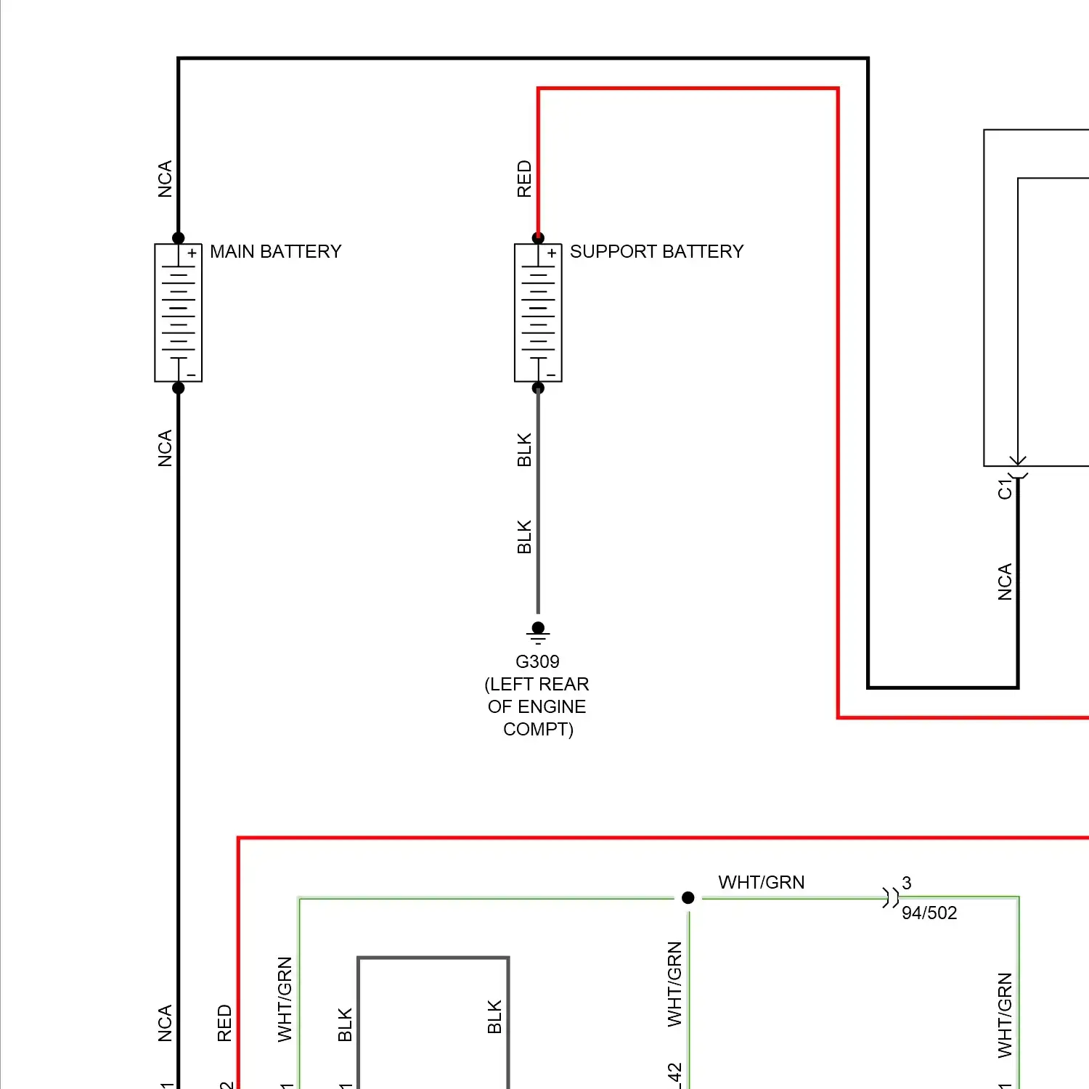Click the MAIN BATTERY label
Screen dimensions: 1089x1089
tap(275, 251)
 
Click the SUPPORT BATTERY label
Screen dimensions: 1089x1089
tap(656, 251)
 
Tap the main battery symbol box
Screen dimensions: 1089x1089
tap(179, 312)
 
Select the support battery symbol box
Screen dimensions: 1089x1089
tap(538, 312)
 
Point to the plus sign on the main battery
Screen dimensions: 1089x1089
tap(192, 253)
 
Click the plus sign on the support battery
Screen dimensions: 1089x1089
tap(552, 253)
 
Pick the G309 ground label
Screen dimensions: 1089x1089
tap(537, 661)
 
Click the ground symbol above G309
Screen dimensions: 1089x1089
tap(538, 632)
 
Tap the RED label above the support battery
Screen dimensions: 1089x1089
tap(524, 179)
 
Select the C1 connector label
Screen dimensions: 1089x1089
tap(1005, 489)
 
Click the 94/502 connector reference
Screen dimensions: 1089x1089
tap(929, 913)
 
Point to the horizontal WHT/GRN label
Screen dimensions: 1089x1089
tap(762, 882)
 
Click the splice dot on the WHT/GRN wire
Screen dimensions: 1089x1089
tap(688, 898)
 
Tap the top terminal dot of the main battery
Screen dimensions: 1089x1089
tap(179, 238)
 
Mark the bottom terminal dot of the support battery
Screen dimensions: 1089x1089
tap(538, 388)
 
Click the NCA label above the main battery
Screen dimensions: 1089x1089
tap(165, 179)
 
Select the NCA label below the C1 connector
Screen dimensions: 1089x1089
tap(1005, 582)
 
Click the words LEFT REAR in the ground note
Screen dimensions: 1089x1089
tap(537, 684)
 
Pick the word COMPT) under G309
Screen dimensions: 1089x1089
tap(538, 729)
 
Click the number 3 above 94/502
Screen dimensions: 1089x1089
tap(907, 883)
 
